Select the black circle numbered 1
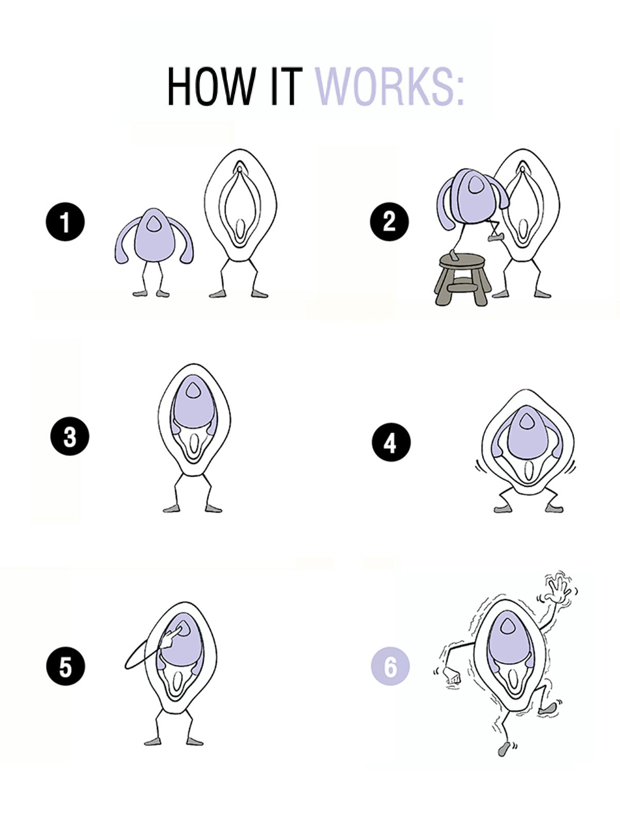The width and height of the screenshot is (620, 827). [x=65, y=222]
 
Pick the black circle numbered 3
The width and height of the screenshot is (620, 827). [x=70, y=437]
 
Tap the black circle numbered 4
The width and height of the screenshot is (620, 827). [x=391, y=443]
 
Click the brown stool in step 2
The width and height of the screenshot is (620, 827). [x=461, y=279]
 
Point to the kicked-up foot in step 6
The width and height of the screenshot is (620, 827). [x=548, y=708]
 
